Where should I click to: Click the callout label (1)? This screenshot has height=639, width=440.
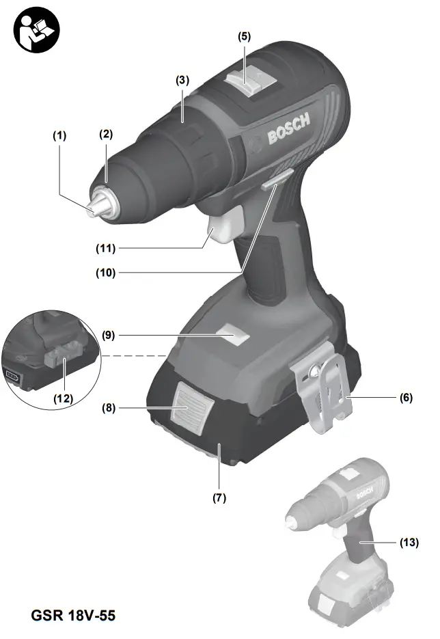pos(61,136)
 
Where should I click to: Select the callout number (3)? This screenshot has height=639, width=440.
pos(182,80)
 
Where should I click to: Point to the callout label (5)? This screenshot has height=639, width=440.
pos(244,38)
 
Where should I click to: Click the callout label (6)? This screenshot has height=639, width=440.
pos(406,398)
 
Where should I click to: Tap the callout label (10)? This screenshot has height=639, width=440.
pos(106,272)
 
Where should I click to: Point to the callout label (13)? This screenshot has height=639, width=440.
pos(409,543)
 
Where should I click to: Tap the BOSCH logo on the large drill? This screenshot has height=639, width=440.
pos(288,128)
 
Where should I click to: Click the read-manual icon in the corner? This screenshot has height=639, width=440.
pos(36,29)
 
